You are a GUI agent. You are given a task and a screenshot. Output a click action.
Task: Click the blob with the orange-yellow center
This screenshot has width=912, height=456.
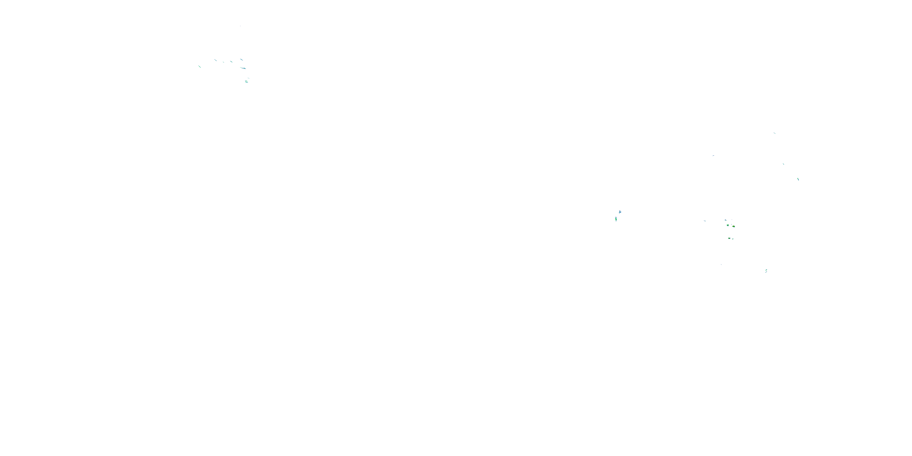pos(733,226)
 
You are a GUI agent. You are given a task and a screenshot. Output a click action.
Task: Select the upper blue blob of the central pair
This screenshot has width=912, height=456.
pos(620,212)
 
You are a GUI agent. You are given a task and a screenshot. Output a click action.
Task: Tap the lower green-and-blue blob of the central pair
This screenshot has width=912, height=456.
pos(616,219)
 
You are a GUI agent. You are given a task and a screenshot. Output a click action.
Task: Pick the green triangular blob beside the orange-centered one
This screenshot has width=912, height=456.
pos(727,225)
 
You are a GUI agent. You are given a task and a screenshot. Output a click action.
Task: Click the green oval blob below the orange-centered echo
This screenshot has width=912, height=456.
pos(729,238)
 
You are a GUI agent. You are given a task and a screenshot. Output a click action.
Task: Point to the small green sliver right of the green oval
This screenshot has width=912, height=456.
pos(733,239)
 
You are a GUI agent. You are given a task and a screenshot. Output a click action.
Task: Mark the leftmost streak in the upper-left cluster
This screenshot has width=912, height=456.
pos(200,67)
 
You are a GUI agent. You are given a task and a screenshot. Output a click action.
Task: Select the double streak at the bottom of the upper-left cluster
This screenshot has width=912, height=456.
pos(247,81)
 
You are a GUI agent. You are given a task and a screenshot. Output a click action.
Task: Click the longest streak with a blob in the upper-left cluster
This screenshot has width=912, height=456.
pos(243,68)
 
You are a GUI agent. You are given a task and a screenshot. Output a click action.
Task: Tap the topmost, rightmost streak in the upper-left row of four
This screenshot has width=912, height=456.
pos(241,60)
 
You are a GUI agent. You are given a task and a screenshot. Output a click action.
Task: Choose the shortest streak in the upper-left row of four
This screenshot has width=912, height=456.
pos(223,62)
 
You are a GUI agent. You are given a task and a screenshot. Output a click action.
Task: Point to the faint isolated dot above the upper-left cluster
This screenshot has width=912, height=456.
pos(240,26)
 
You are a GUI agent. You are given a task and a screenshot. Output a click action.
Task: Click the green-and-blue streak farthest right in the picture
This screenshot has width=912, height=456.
pos(798,179)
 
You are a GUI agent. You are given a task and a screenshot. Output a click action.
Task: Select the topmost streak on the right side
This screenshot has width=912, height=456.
pos(775,133)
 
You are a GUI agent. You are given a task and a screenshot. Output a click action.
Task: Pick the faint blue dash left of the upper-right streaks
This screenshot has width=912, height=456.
pos(713,155)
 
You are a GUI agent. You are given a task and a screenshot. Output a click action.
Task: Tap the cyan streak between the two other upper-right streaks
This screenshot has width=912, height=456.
pos(783,164)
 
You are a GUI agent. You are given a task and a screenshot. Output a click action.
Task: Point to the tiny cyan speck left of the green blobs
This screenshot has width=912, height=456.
pos(705,221)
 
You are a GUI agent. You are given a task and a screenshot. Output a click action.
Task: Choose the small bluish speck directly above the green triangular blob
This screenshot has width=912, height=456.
pos(725,220)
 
